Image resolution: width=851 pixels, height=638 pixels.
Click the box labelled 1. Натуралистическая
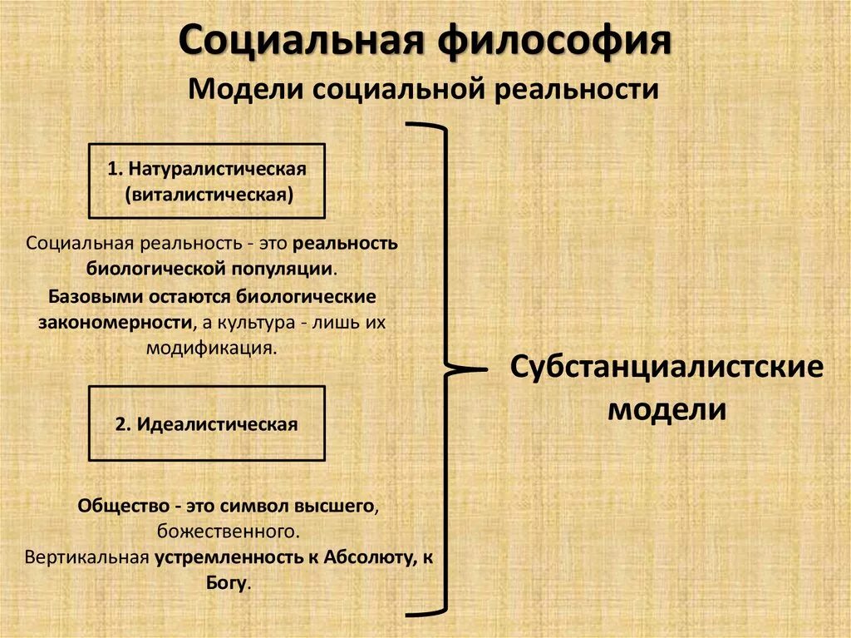tap(206, 181)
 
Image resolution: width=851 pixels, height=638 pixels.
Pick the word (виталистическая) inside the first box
tap(207, 194)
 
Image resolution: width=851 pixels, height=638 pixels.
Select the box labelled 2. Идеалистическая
tap(206, 423)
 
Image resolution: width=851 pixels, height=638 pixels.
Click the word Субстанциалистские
tap(667, 367)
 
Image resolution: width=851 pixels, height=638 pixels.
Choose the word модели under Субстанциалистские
tap(667, 409)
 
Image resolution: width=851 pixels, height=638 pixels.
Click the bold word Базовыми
tap(93, 295)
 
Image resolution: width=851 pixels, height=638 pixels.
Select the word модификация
tap(210, 347)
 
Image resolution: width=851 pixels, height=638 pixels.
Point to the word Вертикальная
tap(87, 556)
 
